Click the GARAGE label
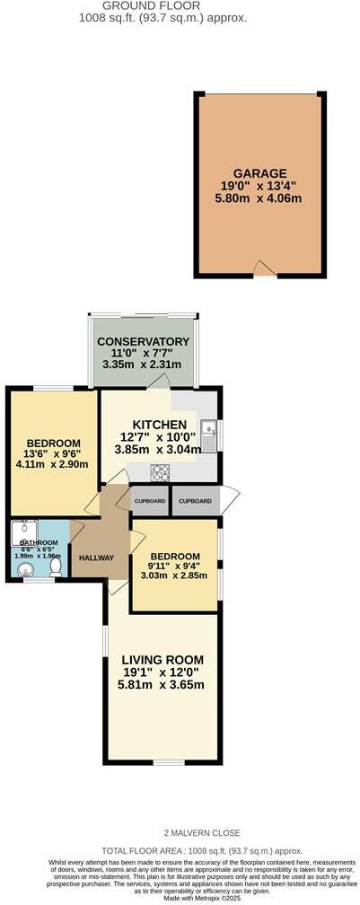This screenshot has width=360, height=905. click(260, 173)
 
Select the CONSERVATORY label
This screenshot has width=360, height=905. click(144, 341)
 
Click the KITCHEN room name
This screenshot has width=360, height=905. click(160, 424)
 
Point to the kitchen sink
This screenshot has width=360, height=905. click(207, 435)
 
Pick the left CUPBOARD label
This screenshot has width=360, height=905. click(150, 500)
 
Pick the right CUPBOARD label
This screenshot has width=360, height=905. click(195, 500)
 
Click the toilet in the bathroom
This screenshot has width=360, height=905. click(56, 567)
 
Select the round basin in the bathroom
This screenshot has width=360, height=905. click(24, 568)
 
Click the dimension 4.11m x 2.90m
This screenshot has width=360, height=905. click(54, 465)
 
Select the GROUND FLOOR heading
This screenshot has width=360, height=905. click(174, 5)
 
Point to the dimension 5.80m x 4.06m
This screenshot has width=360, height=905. click(260, 200)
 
